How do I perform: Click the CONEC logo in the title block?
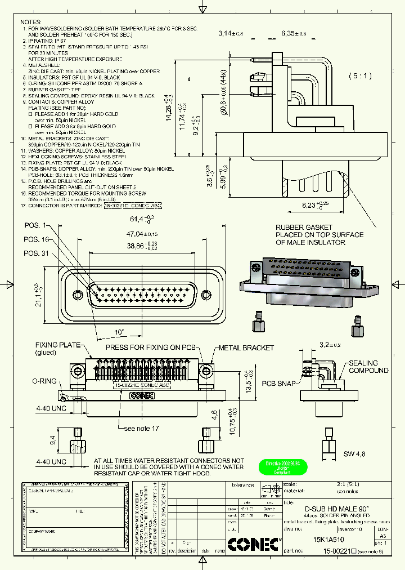tap(253, 545)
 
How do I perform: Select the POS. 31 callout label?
tap(36, 253)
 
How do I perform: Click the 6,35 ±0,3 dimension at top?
tap(294, 34)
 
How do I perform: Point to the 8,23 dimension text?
tap(313, 206)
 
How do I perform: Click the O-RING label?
tap(44, 381)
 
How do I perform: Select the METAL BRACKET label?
tap(246, 348)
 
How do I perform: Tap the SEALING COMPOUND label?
tap(368, 367)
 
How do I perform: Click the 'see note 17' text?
tap(141, 429)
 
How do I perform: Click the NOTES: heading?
tap(31, 21)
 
